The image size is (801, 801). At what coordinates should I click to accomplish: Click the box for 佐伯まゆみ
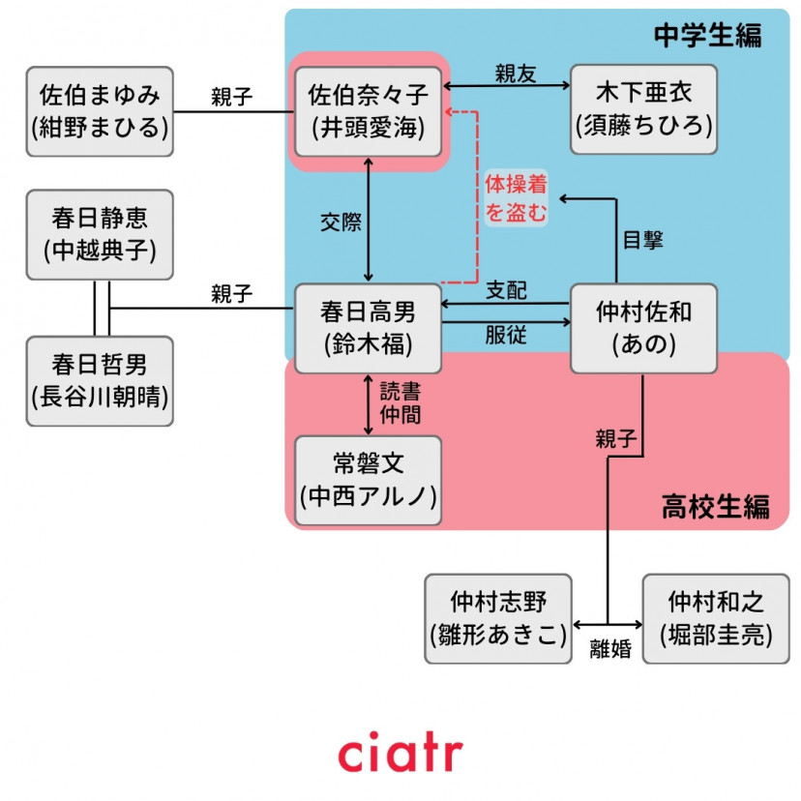100,110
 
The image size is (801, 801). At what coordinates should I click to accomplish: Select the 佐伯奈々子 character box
368,110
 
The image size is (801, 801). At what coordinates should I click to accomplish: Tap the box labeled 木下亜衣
643,110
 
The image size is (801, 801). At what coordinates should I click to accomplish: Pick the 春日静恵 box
100,235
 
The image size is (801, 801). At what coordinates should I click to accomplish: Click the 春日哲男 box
100,380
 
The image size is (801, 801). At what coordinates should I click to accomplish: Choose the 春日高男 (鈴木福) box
368,328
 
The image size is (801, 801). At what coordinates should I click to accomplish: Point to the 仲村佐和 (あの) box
643,328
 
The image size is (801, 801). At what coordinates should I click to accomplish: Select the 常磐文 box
368,480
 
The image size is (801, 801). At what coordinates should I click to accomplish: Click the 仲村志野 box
498,618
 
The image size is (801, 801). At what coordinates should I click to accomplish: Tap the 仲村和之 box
716,618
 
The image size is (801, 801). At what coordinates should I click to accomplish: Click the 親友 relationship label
516,73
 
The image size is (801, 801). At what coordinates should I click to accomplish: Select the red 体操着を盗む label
516,199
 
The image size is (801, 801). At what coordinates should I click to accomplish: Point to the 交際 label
341,222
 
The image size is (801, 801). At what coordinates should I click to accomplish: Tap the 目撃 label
642,241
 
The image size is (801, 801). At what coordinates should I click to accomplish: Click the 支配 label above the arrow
506,290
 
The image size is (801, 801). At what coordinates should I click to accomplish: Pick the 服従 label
506,335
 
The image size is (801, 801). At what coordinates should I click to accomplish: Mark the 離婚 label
610,649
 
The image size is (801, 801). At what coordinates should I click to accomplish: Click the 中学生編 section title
707,36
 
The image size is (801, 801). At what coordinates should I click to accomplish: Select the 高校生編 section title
716,506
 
